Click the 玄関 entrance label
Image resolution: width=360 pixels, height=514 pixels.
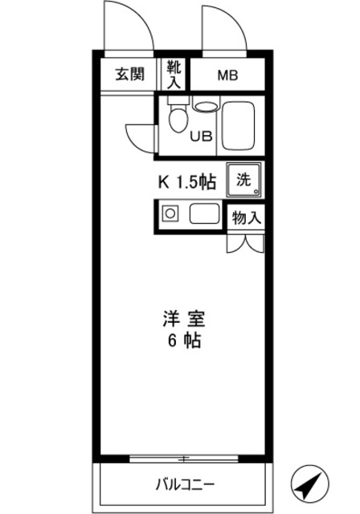coord(129,75)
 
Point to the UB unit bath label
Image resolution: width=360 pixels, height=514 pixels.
coord(201,136)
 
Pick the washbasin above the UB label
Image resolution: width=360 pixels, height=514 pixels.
coord(206,105)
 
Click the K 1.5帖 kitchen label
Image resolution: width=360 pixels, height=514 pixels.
coord(186,182)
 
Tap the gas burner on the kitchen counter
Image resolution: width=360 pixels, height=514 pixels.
coord(170,214)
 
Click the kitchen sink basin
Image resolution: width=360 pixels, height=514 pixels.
coord(204,214)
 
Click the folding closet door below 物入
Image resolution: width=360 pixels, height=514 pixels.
coord(245,242)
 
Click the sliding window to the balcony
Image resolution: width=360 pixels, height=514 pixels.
coord(185,459)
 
